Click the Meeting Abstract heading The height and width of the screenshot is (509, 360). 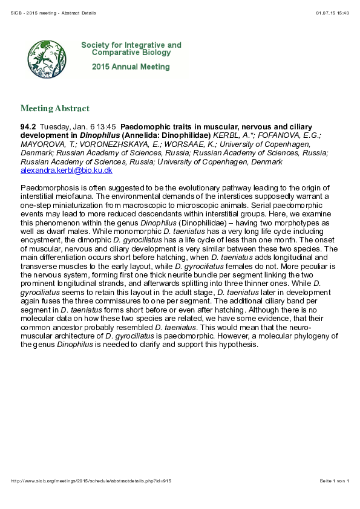[x=54, y=109]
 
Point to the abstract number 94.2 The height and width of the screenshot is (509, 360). [x=28, y=127]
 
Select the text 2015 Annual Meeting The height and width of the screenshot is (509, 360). [x=131, y=68]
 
